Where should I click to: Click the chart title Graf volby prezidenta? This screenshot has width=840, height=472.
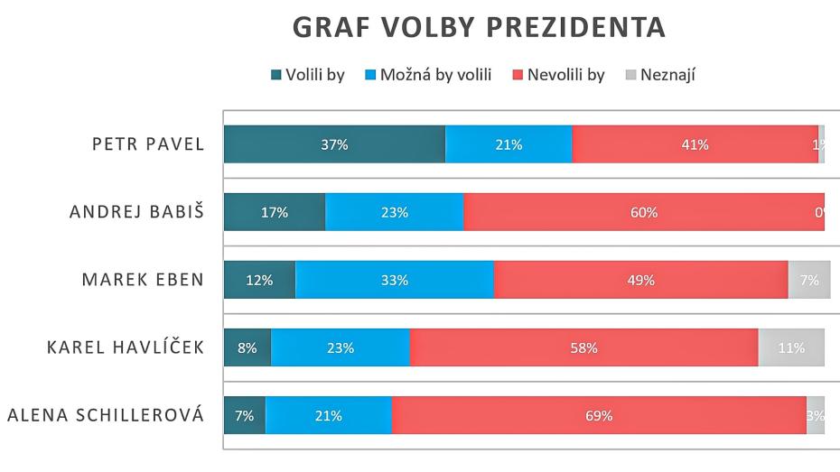[x=479, y=28]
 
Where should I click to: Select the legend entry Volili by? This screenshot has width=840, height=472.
[x=308, y=75]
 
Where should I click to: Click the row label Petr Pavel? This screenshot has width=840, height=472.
[x=148, y=145]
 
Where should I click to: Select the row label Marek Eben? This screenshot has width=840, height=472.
[x=143, y=280]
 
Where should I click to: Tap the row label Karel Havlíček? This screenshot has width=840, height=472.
[x=126, y=348]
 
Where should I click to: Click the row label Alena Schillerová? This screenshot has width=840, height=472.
[x=106, y=416]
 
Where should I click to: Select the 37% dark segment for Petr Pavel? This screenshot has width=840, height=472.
[x=334, y=144]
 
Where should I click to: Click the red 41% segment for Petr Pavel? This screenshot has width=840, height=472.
[x=695, y=144]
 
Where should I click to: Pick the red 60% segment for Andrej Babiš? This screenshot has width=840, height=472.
[x=643, y=213]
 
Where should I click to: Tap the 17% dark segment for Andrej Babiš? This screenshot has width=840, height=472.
[x=274, y=213]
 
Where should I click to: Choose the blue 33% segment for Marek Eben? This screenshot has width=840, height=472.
[x=394, y=280]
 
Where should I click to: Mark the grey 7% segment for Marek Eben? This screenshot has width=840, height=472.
[x=808, y=280]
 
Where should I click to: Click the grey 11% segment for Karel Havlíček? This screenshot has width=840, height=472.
[x=791, y=347]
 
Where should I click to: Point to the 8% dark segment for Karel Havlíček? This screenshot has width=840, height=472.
[x=247, y=347]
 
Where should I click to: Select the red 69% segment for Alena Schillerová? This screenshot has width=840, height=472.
[x=598, y=416]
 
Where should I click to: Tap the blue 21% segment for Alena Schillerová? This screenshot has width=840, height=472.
[x=328, y=416]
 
